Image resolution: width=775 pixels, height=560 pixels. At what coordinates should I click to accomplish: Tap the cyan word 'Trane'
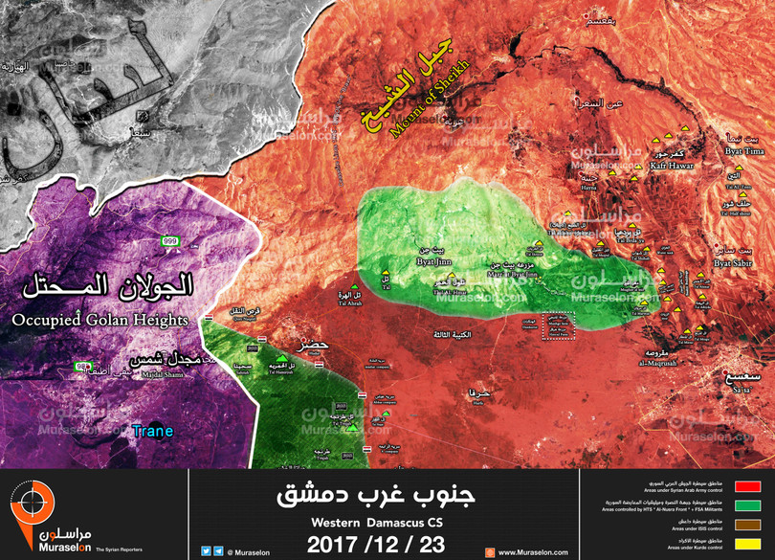(153, 431)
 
